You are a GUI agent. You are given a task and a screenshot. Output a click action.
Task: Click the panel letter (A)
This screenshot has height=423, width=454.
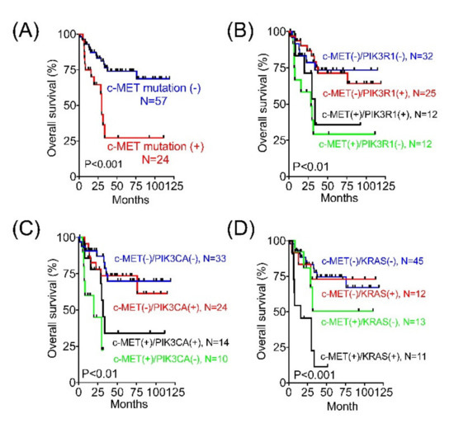(26, 31)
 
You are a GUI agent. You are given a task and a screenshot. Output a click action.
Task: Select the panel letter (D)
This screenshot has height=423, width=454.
(240, 229)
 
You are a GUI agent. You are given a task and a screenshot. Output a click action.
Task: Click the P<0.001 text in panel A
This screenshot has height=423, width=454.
(103, 164)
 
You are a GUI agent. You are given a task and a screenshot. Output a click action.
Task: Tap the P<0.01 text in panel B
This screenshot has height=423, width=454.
(311, 167)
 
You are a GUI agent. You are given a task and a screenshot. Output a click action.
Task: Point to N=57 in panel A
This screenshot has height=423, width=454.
(154, 101)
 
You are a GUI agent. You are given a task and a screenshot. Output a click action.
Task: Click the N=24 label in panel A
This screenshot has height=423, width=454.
(155, 160)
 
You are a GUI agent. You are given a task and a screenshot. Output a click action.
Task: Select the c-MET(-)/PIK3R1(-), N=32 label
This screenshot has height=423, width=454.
(378, 56)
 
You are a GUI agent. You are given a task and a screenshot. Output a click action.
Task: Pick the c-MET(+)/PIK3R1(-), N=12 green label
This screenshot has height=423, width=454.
(376, 144)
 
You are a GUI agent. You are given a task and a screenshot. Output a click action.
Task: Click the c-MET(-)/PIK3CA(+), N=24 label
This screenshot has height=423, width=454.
(170, 308)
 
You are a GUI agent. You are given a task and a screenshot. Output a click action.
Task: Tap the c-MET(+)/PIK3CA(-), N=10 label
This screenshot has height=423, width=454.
(171, 360)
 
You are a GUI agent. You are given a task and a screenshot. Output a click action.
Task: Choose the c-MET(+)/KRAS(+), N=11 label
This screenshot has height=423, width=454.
(373, 356)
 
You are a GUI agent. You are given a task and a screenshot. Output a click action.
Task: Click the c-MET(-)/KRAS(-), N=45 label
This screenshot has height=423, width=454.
(372, 261)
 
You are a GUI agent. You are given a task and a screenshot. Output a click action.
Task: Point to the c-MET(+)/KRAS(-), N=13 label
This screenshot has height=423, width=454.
(373, 322)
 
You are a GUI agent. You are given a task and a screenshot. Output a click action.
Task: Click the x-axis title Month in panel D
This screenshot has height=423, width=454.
(343, 407)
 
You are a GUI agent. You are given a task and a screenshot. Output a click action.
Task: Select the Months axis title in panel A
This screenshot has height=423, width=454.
(130, 200)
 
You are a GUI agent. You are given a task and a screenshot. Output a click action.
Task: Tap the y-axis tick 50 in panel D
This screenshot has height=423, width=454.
(281, 312)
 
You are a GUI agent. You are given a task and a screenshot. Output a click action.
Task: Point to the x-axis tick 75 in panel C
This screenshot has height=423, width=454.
(137, 392)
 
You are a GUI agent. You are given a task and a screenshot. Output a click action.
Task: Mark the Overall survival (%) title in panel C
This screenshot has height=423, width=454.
(53, 309)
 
